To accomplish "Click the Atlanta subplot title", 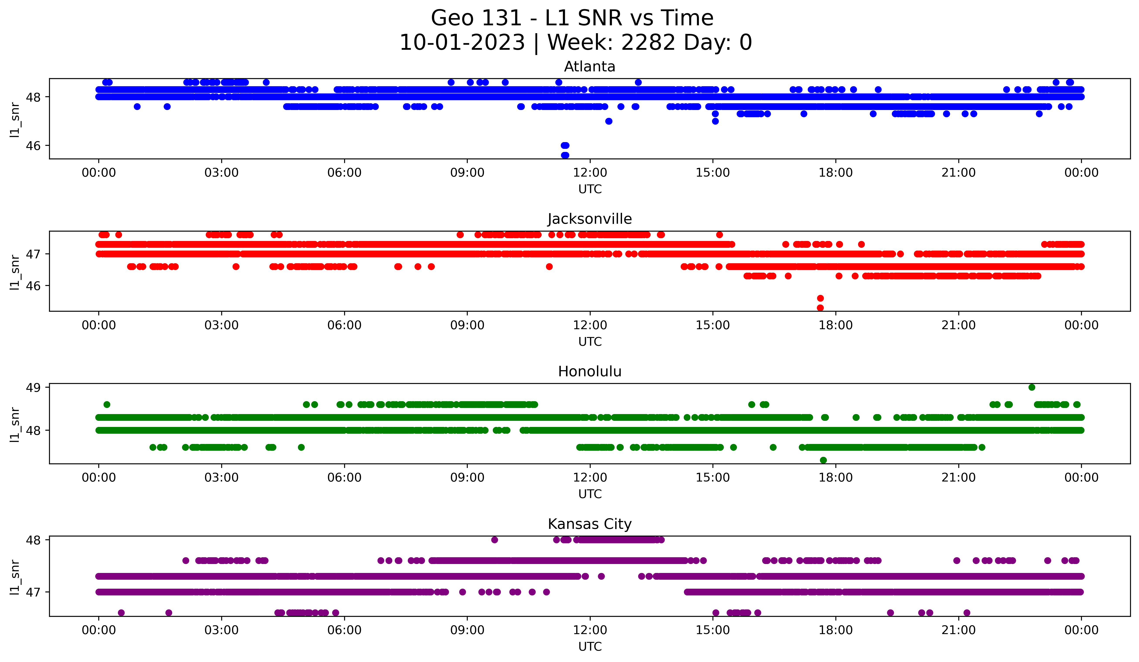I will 589,67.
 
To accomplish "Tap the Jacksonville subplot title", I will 589,219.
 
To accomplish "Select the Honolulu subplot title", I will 589,371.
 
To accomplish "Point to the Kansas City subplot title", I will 589,524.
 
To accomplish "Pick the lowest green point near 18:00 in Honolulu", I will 823,460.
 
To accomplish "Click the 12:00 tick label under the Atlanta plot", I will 590,173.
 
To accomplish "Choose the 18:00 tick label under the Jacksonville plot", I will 835,325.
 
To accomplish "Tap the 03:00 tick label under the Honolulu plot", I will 221,478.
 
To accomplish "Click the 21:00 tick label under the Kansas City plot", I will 958,630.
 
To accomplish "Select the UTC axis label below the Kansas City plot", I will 590,647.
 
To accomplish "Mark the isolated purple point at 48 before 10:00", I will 495,540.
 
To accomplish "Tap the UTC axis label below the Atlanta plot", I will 590,189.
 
